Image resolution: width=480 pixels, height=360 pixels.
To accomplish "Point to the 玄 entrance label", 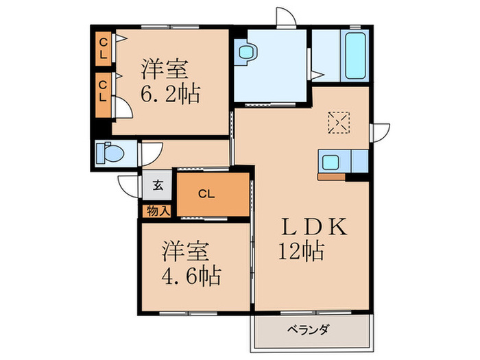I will [158, 184].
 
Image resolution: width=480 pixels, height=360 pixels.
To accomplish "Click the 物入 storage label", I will [158, 211].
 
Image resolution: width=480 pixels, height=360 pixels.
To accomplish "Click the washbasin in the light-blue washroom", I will [245, 52].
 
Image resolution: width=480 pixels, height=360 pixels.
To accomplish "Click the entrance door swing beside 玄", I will [129, 185].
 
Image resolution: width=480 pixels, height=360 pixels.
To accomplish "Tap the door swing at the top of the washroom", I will [285, 16].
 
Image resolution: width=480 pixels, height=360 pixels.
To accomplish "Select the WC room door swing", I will [150, 152].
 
